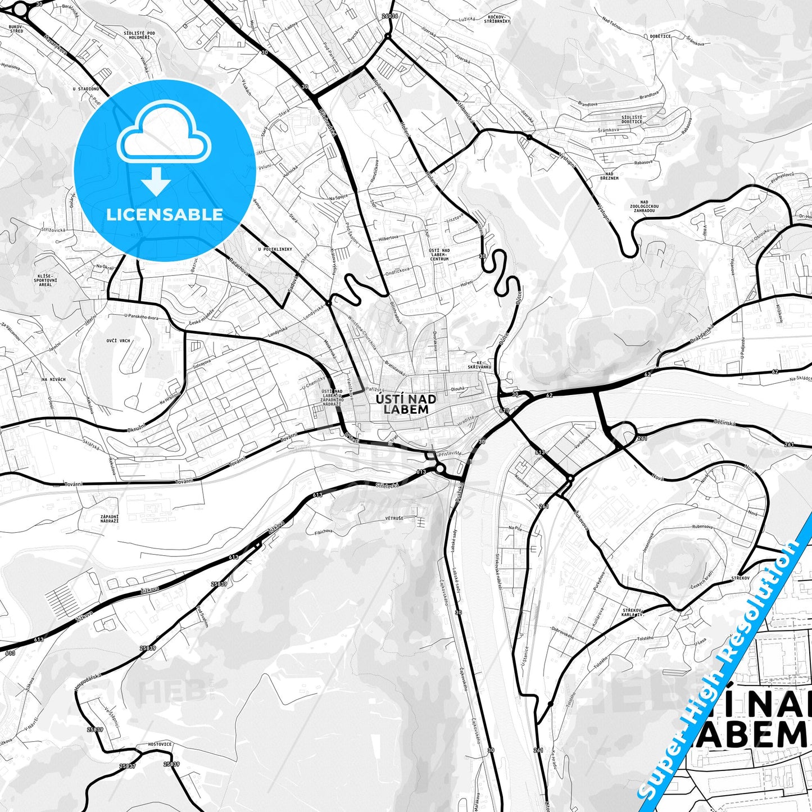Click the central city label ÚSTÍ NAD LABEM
pyautogui.click(x=406, y=404)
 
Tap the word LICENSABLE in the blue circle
pyautogui.click(x=165, y=215)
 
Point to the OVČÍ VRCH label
pyautogui.click(x=118, y=341)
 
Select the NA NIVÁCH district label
pyautogui.click(x=53, y=379)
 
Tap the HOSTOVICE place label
pyautogui.click(x=160, y=744)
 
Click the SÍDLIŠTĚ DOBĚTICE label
pyautogui.click(x=632, y=119)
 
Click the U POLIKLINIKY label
pyautogui.click(x=275, y=249)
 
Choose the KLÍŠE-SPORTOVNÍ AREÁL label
pyautogui.click(x=45, y=280)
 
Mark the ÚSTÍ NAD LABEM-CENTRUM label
pyautogui.click(x=439, y=255)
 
